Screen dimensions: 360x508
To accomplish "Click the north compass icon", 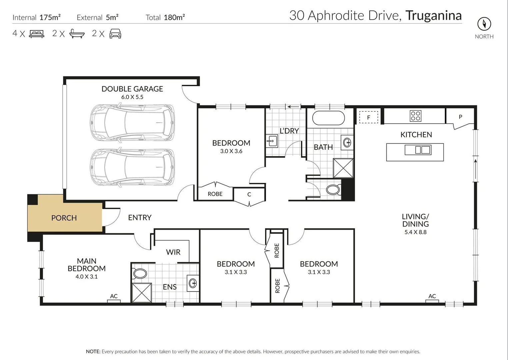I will [x=484, y=24].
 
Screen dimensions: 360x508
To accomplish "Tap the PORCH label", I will [x=64, y=218].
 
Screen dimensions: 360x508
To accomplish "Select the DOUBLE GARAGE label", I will [x=132, y=89].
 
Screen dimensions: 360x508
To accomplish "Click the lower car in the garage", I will [x=132, y=167].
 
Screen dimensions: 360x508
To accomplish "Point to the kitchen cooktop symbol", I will [x=416, y=116].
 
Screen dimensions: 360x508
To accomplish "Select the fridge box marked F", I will [x=369, y=117].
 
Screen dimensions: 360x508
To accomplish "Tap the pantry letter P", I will [x=460, y=117].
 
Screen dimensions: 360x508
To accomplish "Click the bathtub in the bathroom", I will [x=328, y=118].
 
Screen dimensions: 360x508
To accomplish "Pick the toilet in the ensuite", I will [x=140, y=274].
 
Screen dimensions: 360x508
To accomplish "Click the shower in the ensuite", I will [x=142, y=293].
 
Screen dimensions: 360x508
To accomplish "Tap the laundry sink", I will [x=272, y=141].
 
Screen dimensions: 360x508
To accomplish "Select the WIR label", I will [x=173, y=252].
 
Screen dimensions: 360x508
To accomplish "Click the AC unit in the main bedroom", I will [x=114, y=301].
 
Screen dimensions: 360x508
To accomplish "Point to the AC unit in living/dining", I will [x=432, y=301].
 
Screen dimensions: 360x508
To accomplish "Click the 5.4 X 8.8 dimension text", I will [x=415, y=232].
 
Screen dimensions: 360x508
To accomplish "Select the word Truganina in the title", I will [x=433, y=16].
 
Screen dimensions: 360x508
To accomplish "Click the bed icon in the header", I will [x=37, y=34].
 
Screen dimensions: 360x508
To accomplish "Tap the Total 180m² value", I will [x=174, y=17].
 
